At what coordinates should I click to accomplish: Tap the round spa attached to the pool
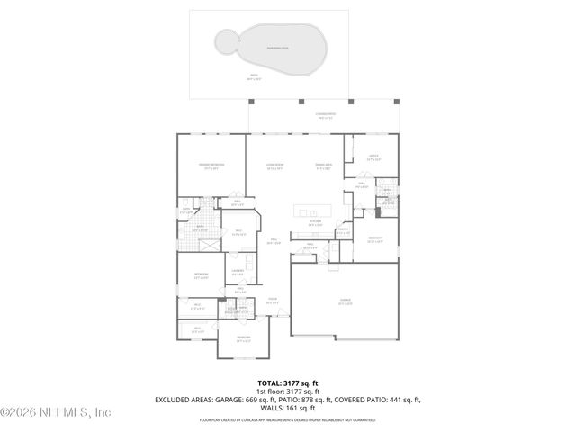(x=225, y=39)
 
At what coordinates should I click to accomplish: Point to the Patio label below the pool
(x=253, y=77)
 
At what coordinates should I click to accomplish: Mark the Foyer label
(x=272, y=301)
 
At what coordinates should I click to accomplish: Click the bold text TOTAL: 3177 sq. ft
(x=287, y=382)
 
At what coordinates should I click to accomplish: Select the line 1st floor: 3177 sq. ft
(x=287, y=391)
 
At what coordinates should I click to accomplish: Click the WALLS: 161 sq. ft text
(x=287, y=408)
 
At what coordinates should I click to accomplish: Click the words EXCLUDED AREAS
(x=186, y=400)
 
